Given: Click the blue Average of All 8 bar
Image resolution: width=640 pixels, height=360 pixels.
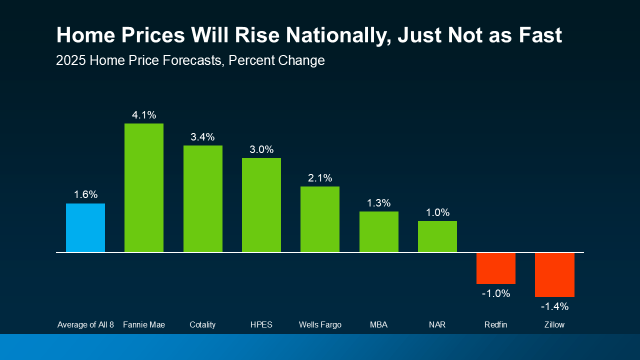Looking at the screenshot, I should (x=85, y=227).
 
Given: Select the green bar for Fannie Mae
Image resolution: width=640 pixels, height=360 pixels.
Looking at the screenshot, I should (x=144, y=187).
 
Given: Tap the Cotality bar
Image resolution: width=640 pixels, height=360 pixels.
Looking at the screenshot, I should (x=202, y=198).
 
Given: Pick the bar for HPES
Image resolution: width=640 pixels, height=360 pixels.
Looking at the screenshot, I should (x=261, y=205).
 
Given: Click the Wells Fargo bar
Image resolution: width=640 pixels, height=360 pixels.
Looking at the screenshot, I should (x=320, y=219).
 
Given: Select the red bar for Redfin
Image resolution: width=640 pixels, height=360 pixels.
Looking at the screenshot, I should (x=496, y=268).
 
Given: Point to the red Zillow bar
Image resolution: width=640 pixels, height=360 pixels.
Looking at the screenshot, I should (x=554, y=274).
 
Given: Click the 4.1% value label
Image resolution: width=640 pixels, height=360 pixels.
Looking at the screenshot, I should (x=144, y=115).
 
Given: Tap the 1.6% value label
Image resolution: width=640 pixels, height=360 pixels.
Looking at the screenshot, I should (x=85, y=195).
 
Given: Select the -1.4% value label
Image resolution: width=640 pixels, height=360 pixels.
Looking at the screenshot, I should (x=554, y=306).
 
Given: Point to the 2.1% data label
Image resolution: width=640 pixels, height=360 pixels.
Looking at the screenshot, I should (x=320, y=178).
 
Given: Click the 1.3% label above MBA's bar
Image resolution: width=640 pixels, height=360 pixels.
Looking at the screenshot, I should (x=379, y=203).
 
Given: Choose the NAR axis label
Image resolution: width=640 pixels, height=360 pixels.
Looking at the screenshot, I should (x=437, y=325).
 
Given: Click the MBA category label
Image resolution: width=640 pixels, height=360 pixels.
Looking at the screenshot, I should (x=379, y=325).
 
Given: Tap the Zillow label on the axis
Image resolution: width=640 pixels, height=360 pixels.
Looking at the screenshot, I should (x=554, y=325).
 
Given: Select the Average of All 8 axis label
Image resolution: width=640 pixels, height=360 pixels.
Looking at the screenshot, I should (x=85, y=325).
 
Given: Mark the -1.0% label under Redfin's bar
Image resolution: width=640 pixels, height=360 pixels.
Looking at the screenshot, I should (x=496, y=293).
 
